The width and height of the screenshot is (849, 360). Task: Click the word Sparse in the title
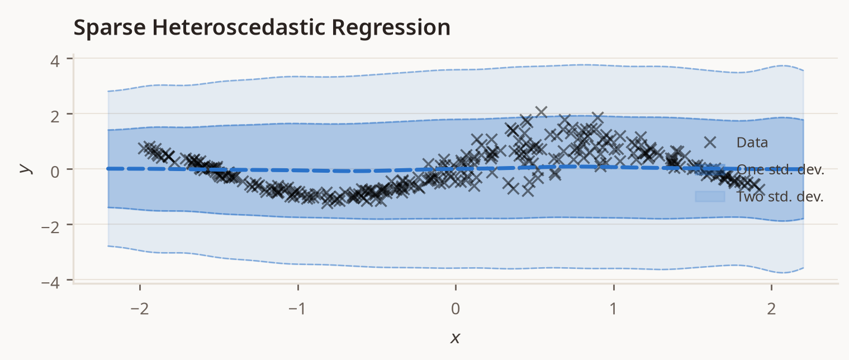[110, 28]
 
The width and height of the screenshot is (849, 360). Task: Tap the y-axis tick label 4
[55, 61]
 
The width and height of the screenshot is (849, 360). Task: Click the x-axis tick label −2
[140, 309]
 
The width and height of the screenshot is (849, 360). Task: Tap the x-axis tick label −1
[297, 309]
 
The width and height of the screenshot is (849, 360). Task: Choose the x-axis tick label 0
[456, 309]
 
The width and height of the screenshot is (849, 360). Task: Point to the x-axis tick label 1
[614, 309]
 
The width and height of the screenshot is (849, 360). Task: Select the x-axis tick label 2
[772, 309]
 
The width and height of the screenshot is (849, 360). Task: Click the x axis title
[455, 338]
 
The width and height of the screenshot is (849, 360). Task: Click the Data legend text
[752, 143]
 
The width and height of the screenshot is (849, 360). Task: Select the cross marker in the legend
[710, 143]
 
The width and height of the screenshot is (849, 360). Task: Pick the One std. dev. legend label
[780, 170]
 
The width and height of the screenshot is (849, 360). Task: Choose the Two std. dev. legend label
[780, 197]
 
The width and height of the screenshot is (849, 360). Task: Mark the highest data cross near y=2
[541, 112]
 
